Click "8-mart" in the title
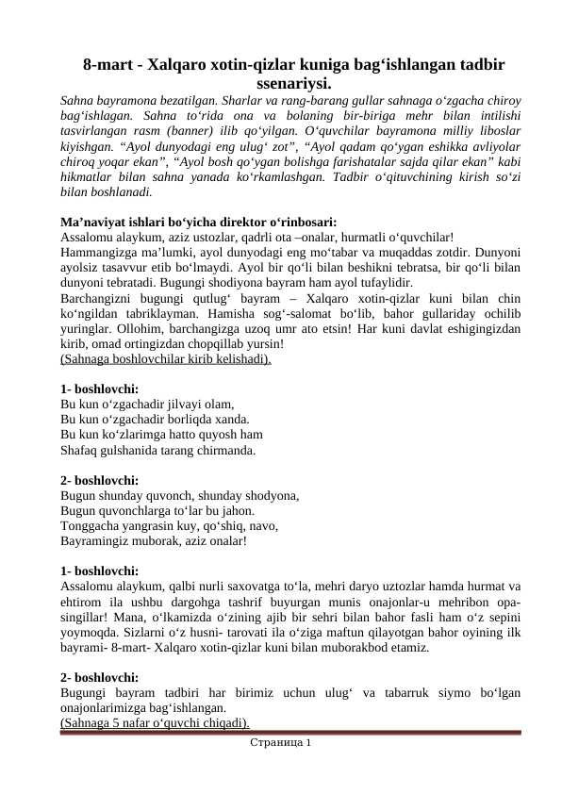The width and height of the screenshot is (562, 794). (107, 65)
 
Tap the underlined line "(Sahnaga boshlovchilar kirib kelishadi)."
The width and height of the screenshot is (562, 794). (165, 358)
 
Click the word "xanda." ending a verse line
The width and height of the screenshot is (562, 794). (228, 419)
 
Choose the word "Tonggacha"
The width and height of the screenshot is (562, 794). (89, 526)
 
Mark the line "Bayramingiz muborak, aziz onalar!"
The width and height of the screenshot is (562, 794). (153, 541)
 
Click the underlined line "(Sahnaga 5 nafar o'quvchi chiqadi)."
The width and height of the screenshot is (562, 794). (155, 723)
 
